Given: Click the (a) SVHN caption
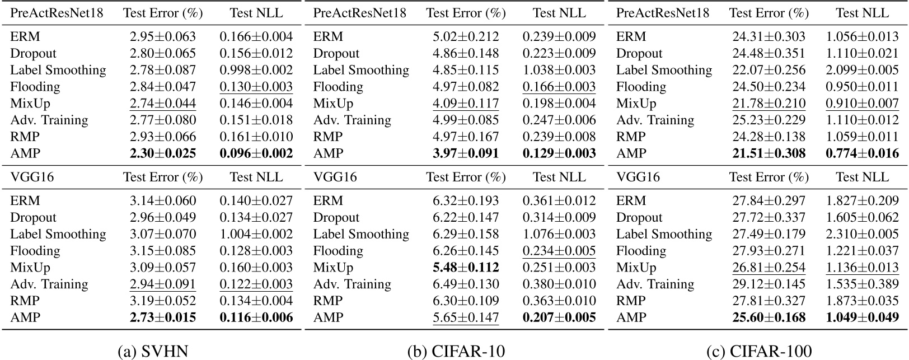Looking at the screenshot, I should (153, 351).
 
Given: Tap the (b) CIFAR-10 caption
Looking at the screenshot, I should (456, 351).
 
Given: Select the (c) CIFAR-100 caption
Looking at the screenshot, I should (759, 351).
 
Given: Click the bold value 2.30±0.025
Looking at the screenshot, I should (163, 153).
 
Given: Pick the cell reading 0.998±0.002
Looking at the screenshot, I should (256, 70).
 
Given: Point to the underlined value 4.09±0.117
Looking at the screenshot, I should (466, 104).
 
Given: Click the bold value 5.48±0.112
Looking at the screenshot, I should (466, 268).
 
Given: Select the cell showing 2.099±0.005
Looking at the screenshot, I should (862, 70).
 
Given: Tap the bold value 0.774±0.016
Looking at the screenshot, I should (862, 153).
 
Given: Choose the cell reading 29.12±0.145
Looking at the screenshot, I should (769, 284).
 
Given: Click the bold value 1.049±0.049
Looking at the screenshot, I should (862, 318).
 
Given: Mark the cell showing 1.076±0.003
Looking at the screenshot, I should (559, 234).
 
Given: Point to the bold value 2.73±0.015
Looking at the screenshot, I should (163, 318).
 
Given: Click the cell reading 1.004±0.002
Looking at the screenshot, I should (256, 234).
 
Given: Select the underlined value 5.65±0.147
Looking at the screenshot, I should (466, 318).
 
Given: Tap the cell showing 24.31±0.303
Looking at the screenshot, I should (769, 37).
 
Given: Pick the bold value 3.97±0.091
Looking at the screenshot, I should (466, 153).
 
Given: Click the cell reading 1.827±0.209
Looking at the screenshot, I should (862, 201).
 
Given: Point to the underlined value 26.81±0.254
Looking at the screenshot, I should (769, 268).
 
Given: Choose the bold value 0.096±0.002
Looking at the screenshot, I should (256, 153).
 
